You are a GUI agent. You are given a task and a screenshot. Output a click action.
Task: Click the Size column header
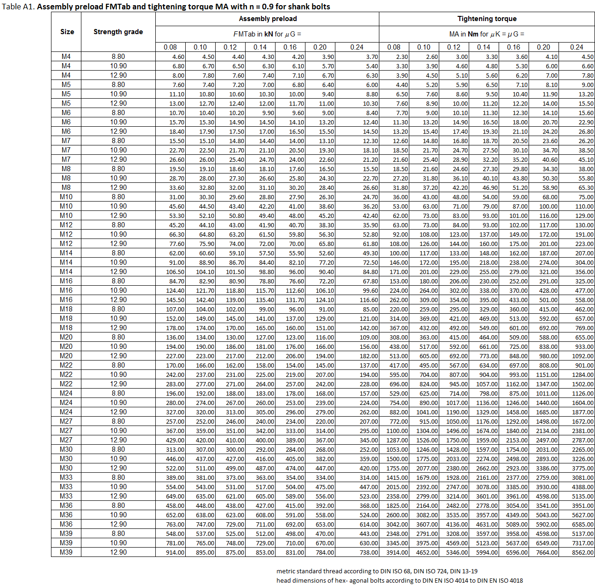(67, 32)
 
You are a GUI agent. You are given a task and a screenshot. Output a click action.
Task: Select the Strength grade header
(118, 32)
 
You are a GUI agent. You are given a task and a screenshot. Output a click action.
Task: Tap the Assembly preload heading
(268, 19)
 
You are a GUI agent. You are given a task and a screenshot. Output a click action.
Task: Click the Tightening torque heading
(487, 19)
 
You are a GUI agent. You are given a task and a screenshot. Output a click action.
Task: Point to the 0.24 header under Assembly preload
(356, 47)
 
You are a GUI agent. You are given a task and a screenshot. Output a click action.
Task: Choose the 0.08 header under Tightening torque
(394, 47)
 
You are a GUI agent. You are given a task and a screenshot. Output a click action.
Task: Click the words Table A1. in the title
(18, 7)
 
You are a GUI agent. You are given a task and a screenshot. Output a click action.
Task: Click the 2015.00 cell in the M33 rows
(397, 487)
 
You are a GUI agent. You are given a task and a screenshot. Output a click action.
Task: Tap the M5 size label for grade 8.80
(66, 85)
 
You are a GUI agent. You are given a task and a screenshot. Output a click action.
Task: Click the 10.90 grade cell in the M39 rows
(118, 543)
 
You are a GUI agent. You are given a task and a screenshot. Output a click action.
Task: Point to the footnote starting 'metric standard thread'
(377, 571)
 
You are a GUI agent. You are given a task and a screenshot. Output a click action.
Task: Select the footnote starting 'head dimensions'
(399, 580)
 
